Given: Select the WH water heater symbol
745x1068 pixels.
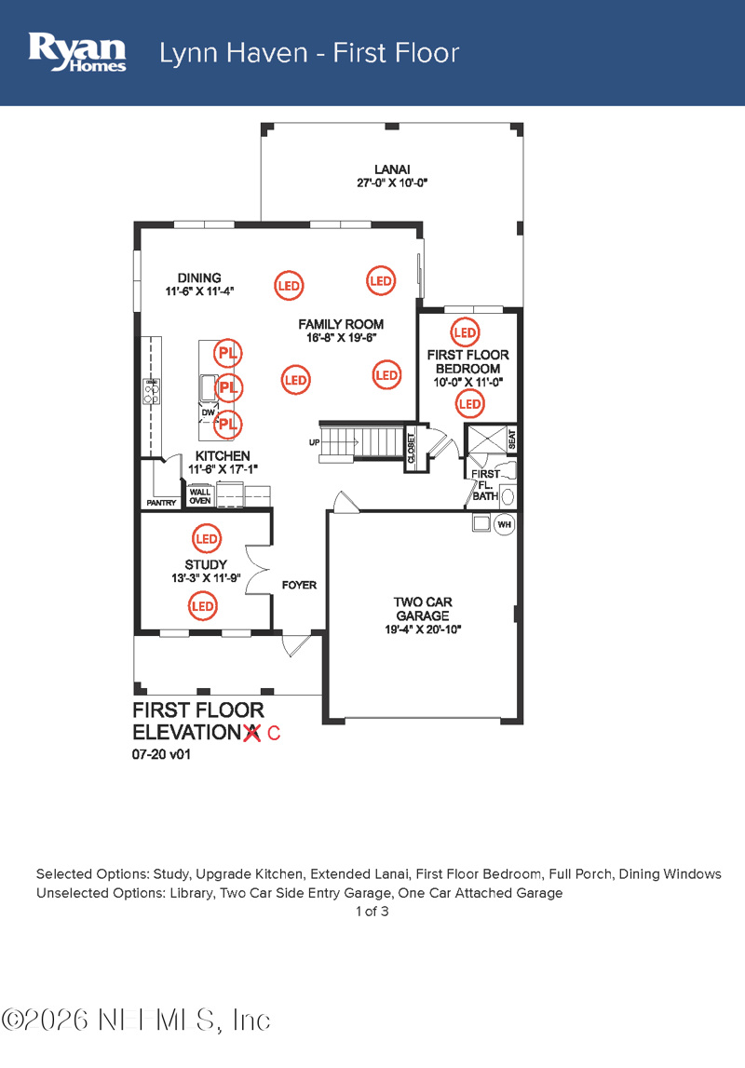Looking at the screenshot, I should point(504,525).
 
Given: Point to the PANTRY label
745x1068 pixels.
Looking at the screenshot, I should point(161,503).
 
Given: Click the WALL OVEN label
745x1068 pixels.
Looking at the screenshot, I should point(200,495).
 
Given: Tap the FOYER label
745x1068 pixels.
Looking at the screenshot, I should point(299,586).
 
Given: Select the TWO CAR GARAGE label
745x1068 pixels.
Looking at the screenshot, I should point(423,609).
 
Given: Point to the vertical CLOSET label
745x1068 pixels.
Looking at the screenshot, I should point(411,448).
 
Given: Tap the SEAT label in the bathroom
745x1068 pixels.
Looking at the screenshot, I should point(511,438).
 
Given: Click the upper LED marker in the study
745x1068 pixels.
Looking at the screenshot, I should point(206,539).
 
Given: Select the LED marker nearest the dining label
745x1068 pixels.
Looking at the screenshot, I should point(289,286).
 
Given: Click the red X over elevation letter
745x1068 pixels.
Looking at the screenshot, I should point(251,733).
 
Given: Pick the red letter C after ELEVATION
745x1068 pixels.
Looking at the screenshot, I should point(273,734).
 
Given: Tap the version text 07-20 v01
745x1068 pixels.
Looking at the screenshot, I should point(161,756).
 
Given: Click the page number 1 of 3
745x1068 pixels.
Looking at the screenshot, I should point(372,912).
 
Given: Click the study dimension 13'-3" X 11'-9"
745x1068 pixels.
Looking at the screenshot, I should point(206,578).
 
